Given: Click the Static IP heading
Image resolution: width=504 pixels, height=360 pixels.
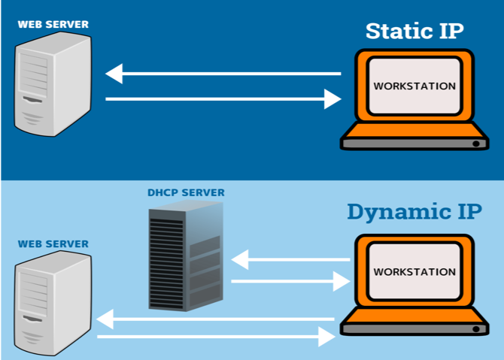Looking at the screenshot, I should pos(414,32).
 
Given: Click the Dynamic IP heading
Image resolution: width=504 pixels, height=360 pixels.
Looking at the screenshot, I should pos(414,211).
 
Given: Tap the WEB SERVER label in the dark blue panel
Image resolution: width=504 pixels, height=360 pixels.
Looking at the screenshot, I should pos(53,24).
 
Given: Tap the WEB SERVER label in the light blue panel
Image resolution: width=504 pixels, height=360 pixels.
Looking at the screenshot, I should pos(53,244).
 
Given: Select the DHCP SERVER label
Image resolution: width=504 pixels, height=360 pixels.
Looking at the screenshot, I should pos(185,193).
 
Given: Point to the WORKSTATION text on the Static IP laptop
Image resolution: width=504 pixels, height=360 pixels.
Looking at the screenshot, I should pos(414,86).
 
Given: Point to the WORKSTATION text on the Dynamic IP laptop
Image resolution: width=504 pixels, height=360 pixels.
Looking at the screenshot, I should pos(414,271).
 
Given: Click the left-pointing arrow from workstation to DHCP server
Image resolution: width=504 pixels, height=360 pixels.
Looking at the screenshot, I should pos(290,260).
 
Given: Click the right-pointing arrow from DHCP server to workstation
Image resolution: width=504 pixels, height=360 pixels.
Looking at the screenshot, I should pos(290,282).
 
